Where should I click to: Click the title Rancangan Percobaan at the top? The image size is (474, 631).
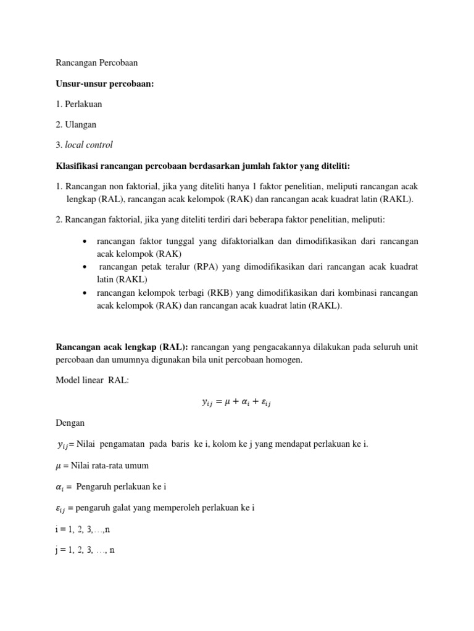(x=97, y=63)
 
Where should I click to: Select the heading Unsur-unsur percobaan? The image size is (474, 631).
(x=104, y=83)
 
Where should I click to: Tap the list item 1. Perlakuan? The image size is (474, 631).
(x=79, y=104)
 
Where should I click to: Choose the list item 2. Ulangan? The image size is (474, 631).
(x=76, y=124)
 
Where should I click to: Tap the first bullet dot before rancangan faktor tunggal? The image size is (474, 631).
(x=84, y=242)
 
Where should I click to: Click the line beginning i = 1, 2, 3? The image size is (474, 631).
(x=83, y=529)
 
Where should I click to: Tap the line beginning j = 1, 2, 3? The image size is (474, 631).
(x=85, y=550)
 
